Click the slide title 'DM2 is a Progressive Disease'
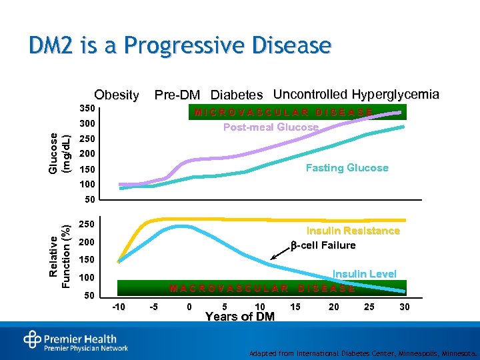pyautogui.click(x=180, y=45)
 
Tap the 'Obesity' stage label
pyautogui.click(x=117, y=95)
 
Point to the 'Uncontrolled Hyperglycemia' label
pyautogui.click(x=356, y=94)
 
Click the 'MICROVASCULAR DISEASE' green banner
pyautogui.click(x=283, y=111)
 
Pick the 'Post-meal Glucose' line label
pyautogui.click(x=271, y=127)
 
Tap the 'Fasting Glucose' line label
pyautogui.click(x=347, y=167)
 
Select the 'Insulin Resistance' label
pyautogui.click(x=353, y=231)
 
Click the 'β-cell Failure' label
pyautogui.click(x=323, y=245)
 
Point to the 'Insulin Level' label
pyautogui.click(x=364, y=273)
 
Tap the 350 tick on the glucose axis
pyautogui.click(x=87, y=108)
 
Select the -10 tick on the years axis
pyautogui.click(x=117, y=307)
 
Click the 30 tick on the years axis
pyautogui.click(x=404, y=307)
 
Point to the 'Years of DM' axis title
pyautogui.click(x=240, y=316)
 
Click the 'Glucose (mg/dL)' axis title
pyautogui.click(x=59, y=153)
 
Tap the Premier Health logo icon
pyautogui.click(x=32, y=339)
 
